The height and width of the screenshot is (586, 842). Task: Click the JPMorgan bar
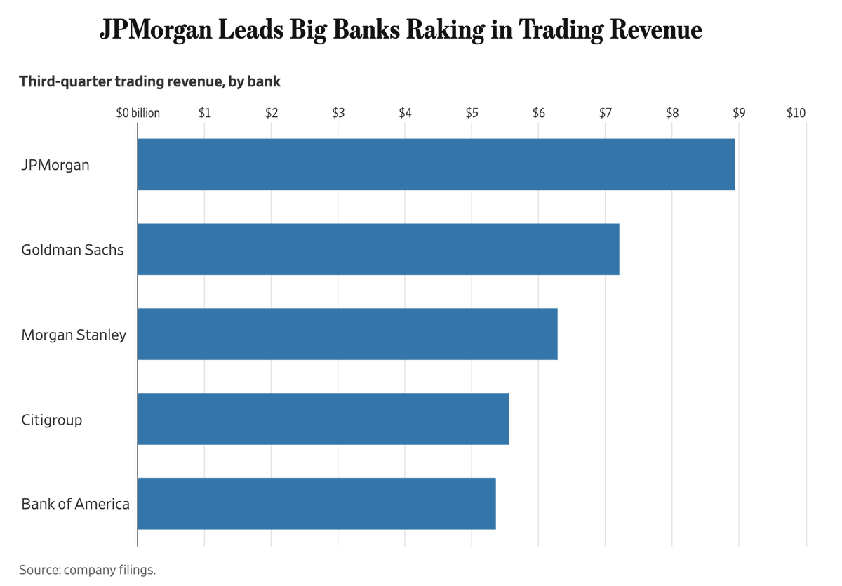pyautogui.click(x=436, y=164)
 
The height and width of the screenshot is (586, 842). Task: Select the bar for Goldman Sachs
pyautogui.click(x=378, y=249)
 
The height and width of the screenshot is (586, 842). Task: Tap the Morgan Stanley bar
pyautogui.click(x=347, y=334)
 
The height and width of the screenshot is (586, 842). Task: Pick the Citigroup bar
pyautogui.click(x=323, y=419)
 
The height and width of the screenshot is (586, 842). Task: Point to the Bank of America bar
pyautogui.click(x=316, y=504)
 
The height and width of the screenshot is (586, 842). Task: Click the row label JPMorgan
pyautogui.click(x=55, y=166)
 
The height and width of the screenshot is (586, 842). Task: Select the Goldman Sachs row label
pyautogui.click(x=72, y=250)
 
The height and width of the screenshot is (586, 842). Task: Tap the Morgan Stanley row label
pyautogui.click(x=74, y=335)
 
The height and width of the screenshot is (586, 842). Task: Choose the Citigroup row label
pyautogui.click(x=51, y=420)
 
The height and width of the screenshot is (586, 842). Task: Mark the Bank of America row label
pyautogui.click(x=75, y=504)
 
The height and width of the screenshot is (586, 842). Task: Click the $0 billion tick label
pyautogui.click(x=138, y=113)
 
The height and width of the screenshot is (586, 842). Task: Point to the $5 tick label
pyautogui.click(x=472, y=113)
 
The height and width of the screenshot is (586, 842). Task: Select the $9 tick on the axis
pyautogui.click(x=739, y=113)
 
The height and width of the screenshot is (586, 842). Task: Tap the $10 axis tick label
pyautogui.click(x=796, y=113)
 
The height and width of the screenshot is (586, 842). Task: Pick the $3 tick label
pyautogui.click(x=338, y=113)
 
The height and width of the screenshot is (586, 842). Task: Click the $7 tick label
pyautogui.click(x=605, y=113)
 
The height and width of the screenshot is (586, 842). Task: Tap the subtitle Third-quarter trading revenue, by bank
pyautogui.click(x=149, y=81)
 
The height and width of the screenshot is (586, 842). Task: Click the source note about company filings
pyautogui.click(x=87, y=570)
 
